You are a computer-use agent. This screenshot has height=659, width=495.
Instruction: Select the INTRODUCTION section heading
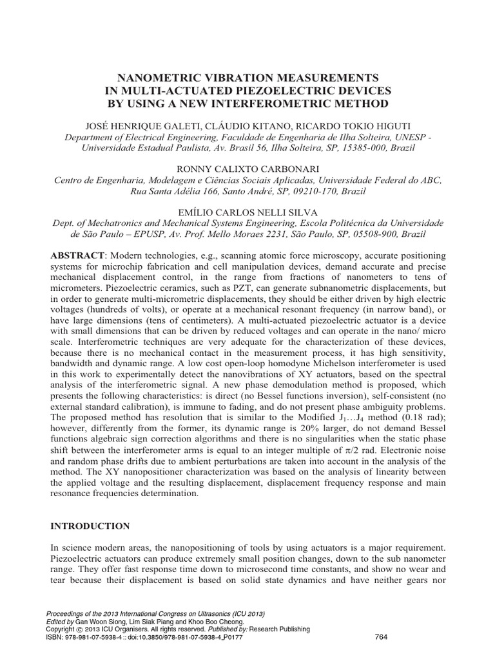pos(90,526)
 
